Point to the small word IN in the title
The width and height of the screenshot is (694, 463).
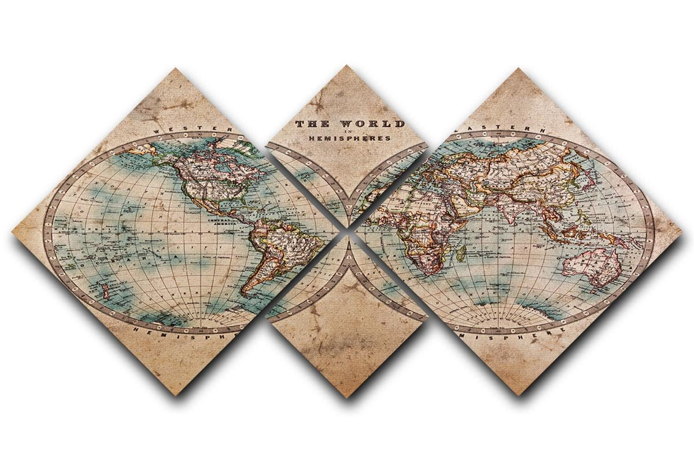click(348, 131)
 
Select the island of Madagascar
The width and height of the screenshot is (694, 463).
click(462, 253)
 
